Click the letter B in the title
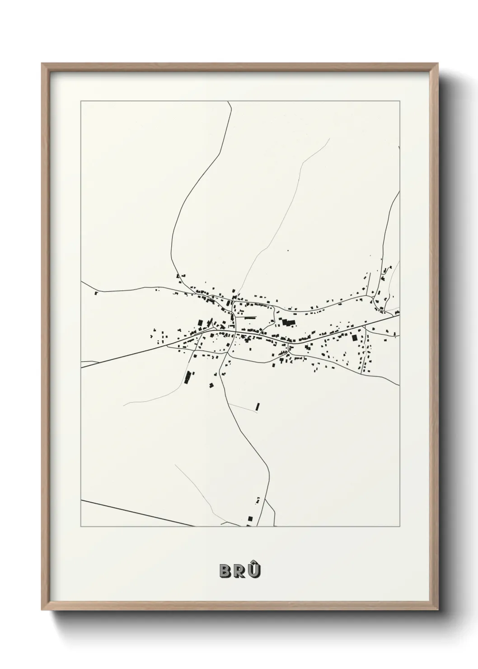pos(225,571)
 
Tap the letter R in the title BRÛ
pos(239,571)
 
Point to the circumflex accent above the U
pos(255,562)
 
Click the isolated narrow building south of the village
pos(258,406)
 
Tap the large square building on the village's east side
pos(354,338)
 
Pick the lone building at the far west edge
pos(96,293)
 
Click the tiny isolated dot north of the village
pos(288,250)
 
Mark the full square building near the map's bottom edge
pos(249,518)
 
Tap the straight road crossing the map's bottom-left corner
pos(136,513)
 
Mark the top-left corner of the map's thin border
pos(81,101)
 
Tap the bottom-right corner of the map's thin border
pos(400,527)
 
